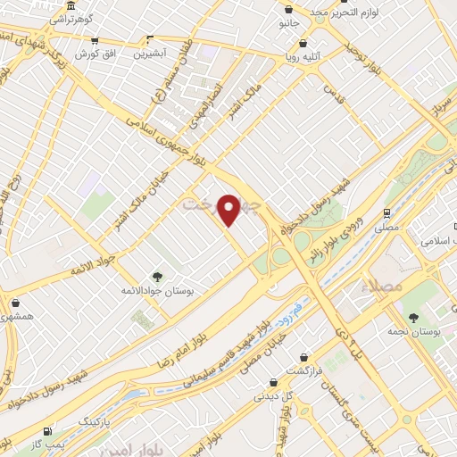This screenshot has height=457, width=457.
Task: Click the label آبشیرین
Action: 152,54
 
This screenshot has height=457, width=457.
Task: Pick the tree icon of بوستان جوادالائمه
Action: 157,276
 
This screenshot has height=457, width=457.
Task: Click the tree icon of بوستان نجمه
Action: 412,317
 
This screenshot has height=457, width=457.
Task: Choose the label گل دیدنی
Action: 271,395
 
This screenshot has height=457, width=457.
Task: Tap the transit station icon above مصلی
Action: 386,213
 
